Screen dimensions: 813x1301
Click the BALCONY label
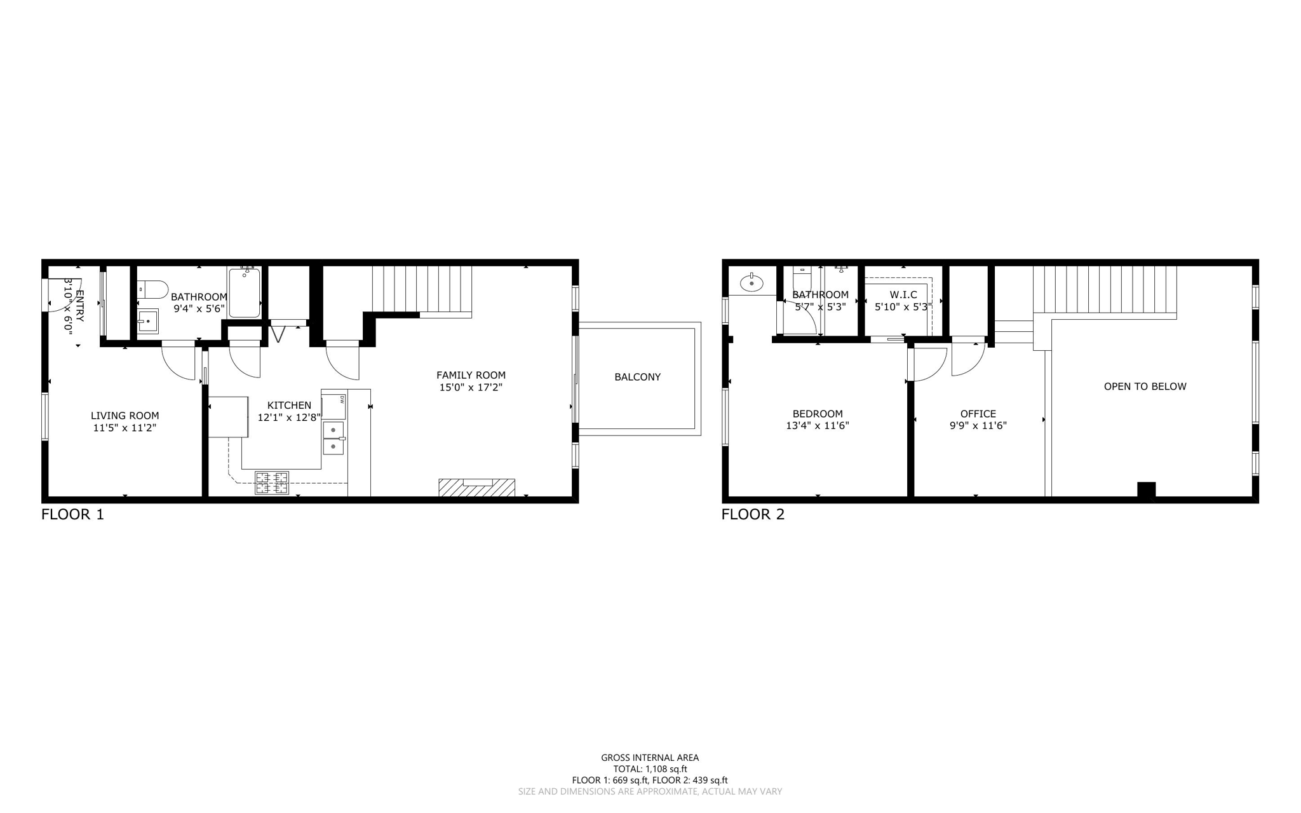pyautogui.click(x=637, y=377)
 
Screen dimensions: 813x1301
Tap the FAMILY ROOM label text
pyautogui.click(x=471, y=375)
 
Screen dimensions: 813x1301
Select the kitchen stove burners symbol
pyautogui.click(x=272, y=482)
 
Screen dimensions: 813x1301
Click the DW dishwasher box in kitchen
pyautogui.click(x=334, y=406)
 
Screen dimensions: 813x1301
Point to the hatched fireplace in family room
pyautogui.click(x=476, y=488)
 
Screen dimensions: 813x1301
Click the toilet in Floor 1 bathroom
pyautogui.click(x=152, y=290)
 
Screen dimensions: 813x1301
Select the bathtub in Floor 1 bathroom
pyautogui.click(x=245, y=293)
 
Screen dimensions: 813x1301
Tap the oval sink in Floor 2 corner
pyautogui.click(x=752, y=282)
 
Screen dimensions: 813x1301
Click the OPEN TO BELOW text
pyautogui.click(x=1145, y=386)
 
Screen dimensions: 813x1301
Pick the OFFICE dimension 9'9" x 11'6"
pyautogui.click(x=978, y=426)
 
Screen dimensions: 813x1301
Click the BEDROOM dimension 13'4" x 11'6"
pyautogui.click(x=817, y=426)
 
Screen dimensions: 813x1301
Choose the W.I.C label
pyautogui.click(x=903, y=295)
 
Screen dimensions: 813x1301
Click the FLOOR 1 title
pyautogui.click(x=72, y=514)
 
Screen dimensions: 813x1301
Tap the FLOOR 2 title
pyautogui.click(x=753, y=514)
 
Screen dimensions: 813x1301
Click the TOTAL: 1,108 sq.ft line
pyautogui.click(x=650, y=769)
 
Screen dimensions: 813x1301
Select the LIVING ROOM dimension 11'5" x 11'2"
pyautogui.click(x=125, y=428)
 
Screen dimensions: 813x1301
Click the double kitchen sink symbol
pyautogui.click(x=334, y=439)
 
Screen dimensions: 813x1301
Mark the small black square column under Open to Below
pyautogui.click(x=1146, y=489)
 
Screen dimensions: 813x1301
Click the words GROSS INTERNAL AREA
pyautogui.click(x=650, y=757)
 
